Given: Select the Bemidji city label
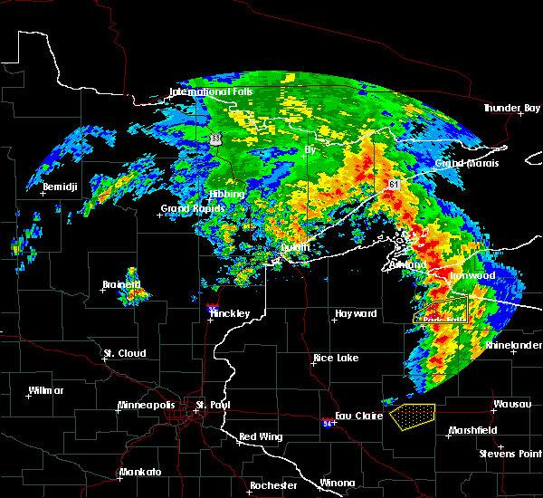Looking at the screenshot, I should [61, 187].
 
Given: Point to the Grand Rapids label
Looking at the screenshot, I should [189, 209].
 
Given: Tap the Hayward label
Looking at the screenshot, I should [356, 313].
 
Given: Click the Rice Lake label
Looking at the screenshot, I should [336, 358].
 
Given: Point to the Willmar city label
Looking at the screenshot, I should [45, 390].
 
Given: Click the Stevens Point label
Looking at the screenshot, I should [510, 453].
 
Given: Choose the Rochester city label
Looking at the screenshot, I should [273, 485].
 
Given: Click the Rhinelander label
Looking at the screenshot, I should [513, 345].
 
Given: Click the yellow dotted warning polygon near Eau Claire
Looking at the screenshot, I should [413, 416].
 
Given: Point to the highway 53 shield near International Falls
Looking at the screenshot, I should [215, 139].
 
